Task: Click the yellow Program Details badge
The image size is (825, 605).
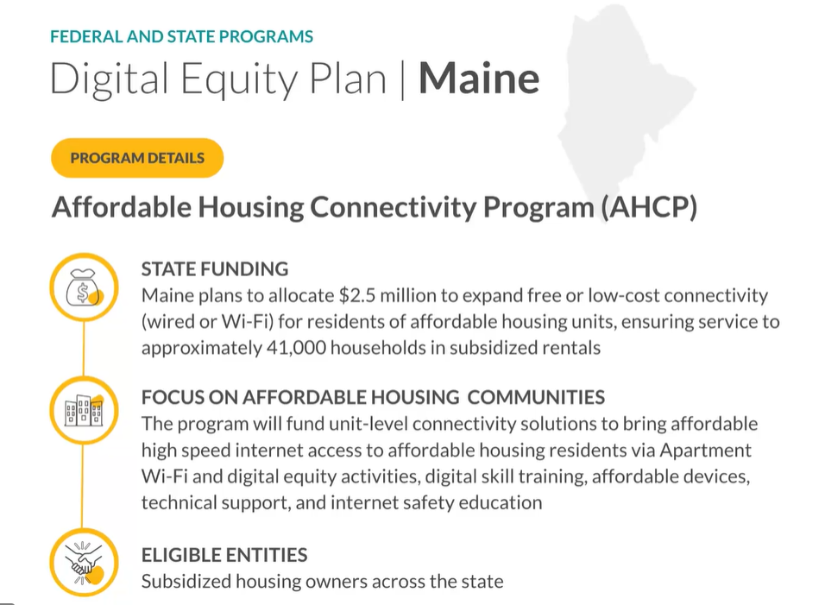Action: tap(137, 158)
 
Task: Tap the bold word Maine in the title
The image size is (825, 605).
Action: tap(479, 79)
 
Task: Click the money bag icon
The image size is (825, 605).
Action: tap(84, 287)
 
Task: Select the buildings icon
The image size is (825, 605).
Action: tap(84, 410)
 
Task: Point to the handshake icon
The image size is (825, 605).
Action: tap(84, 563)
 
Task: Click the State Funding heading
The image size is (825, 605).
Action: tap(215, 268)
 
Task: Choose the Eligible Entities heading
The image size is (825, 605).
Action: tap(224, 555)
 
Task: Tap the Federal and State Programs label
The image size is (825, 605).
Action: tap(181, 36)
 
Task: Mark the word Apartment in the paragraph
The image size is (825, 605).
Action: tap(706, 451)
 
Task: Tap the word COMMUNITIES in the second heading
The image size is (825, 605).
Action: tap(536, 397)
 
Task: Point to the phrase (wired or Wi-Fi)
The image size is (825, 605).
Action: tap(207, 322)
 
